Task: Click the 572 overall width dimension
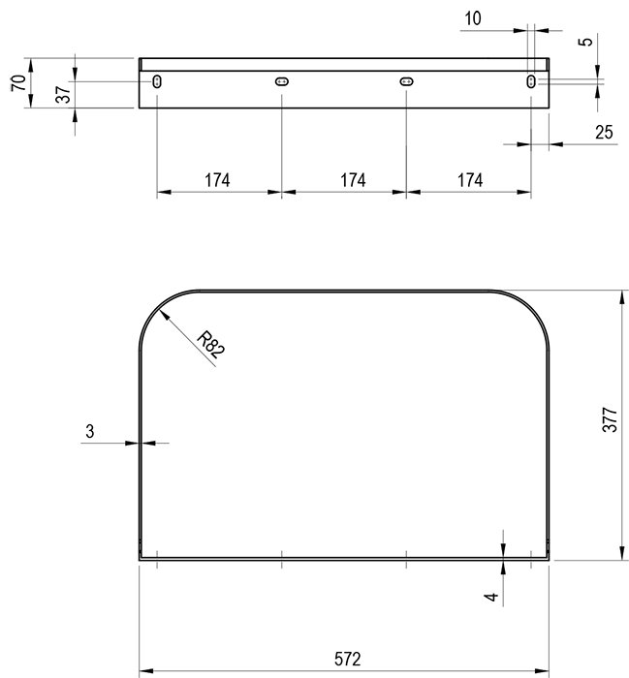point(347,659)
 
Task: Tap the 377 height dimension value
point(610,419)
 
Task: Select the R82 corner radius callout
point(210,345)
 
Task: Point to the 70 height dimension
point(18,83)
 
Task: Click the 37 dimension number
point(63,95)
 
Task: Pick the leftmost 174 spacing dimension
point(217,180)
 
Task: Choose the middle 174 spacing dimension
point(353,180)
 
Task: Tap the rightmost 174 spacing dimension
point(470,180)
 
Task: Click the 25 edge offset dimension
point(604,132)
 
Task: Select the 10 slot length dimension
point(472,18)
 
